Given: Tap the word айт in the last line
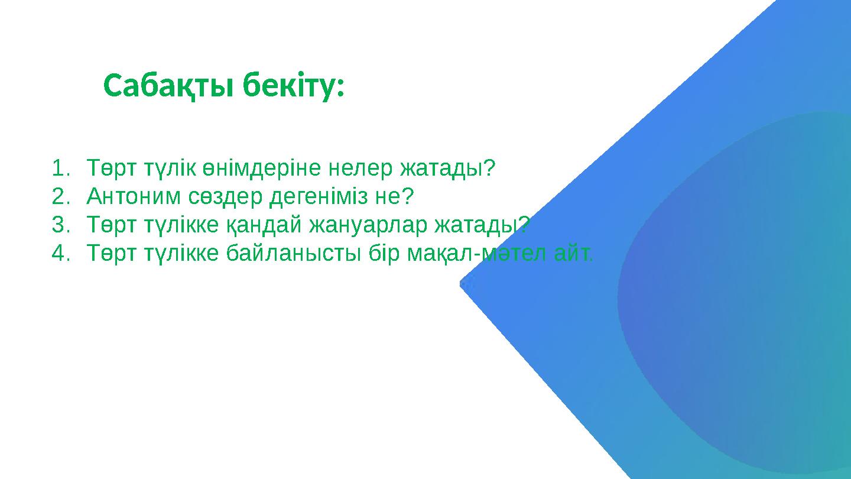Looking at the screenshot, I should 571,253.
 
